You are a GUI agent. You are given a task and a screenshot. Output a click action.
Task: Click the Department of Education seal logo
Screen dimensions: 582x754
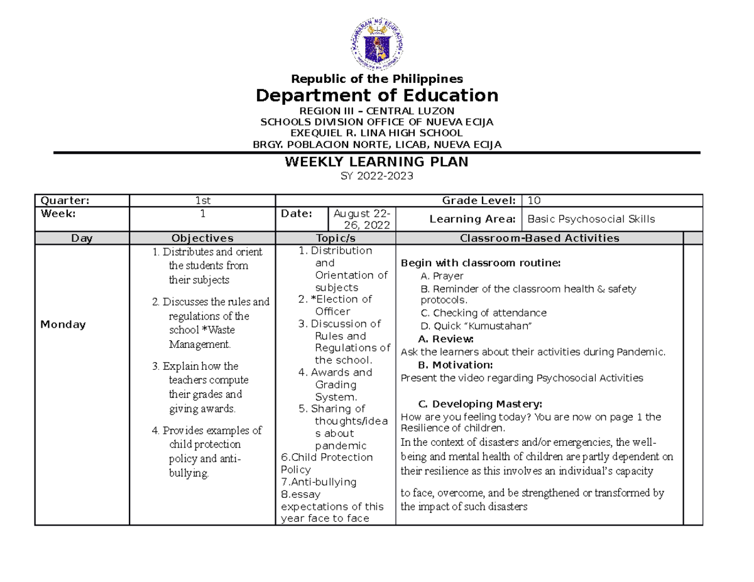[376, 41]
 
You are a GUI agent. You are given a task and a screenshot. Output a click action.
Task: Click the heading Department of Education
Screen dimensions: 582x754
[376, 95]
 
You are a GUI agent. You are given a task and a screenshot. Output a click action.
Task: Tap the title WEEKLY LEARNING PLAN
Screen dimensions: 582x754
[376, 162]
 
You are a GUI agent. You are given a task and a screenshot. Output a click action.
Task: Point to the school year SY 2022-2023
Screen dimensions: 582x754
[376, 176]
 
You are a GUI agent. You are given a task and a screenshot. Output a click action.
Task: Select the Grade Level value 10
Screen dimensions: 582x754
[534, 200]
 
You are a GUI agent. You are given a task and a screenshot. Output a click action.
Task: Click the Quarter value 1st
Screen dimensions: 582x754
[202, 200]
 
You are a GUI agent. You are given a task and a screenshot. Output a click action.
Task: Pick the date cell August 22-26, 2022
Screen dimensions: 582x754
[362, 219]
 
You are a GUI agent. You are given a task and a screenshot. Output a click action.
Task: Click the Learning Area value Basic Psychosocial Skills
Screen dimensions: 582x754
[591, 219]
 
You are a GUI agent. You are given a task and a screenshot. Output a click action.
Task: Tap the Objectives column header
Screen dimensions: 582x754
[202, 238]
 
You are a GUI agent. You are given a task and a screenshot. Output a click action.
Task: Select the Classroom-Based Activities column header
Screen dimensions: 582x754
[540, 238]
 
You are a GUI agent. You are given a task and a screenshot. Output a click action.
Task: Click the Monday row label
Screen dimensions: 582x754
[63, 325]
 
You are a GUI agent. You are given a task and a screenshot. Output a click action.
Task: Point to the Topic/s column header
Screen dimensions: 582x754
[336, 238]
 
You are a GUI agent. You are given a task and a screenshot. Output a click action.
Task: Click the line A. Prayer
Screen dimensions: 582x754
[442, 276]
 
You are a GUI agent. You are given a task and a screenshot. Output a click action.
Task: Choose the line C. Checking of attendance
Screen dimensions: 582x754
[483, 313]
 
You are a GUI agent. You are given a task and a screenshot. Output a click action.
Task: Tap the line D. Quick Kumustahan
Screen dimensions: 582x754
[476, 325]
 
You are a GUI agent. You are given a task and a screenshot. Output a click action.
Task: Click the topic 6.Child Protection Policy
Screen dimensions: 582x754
[327, 463]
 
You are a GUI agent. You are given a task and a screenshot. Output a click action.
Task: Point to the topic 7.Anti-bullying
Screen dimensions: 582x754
[319, 482]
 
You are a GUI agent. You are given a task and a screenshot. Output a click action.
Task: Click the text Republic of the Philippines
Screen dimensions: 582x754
[376, 78]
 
